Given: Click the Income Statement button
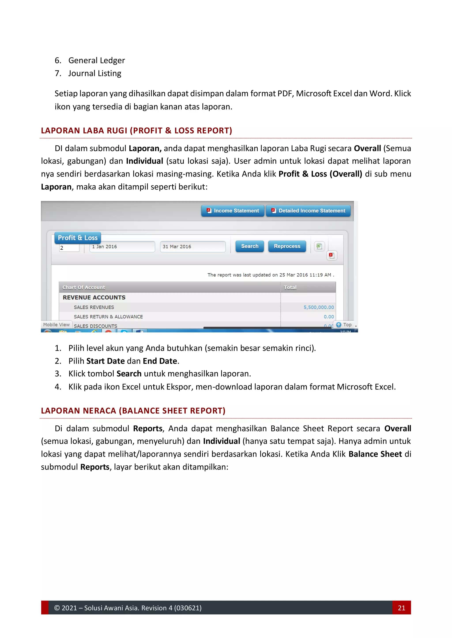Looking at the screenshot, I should (x=233, y=211).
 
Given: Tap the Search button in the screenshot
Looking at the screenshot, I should (x=249, y=247).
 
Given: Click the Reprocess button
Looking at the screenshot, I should (x=287, y=247).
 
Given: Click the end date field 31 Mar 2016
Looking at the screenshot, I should (x=193, y=247).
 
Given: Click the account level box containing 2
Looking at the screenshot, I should (x=69, y=248).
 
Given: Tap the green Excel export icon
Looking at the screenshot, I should (x=319, y=246).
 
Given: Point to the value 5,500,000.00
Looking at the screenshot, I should (x=318, y=307).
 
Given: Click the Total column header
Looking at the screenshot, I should (x=290, y=287).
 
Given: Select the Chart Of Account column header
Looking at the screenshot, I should (x=84, y=287).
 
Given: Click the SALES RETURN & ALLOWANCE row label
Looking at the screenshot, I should (x=108, y=317).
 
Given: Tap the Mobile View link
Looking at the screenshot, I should (x=56, y=325).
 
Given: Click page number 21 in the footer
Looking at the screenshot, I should (x=401, y=608).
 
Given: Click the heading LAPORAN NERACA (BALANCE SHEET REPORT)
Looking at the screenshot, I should (x=133, y=411).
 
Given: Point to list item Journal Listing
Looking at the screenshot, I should (x=95, y=73).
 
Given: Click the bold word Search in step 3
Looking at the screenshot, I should (x=129, y=374).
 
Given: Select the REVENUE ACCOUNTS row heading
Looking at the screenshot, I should (x=94, y=298).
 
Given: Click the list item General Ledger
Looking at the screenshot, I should (x=97, y=61).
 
